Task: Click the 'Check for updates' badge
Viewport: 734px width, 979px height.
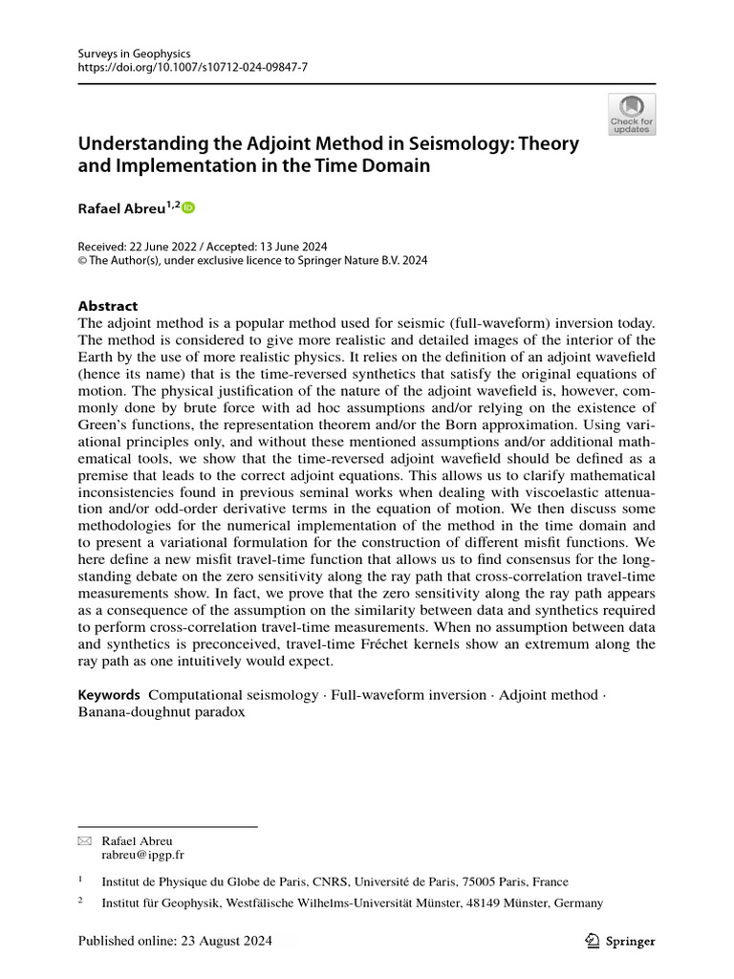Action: tap(632, 115)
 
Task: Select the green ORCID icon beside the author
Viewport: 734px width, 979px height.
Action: tap(188, 207)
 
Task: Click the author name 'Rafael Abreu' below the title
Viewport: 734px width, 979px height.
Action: tap(120, 208)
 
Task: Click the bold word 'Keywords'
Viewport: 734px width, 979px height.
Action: tap(109, 695)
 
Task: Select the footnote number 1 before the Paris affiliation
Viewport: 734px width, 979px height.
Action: tap(81, 881)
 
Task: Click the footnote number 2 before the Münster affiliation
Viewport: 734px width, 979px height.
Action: tap(81, 902)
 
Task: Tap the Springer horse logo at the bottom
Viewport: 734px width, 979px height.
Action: tap(592, 941)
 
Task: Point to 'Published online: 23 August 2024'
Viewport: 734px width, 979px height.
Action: tap(175, 941)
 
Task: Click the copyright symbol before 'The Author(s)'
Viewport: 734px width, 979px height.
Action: tap(82, 259)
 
